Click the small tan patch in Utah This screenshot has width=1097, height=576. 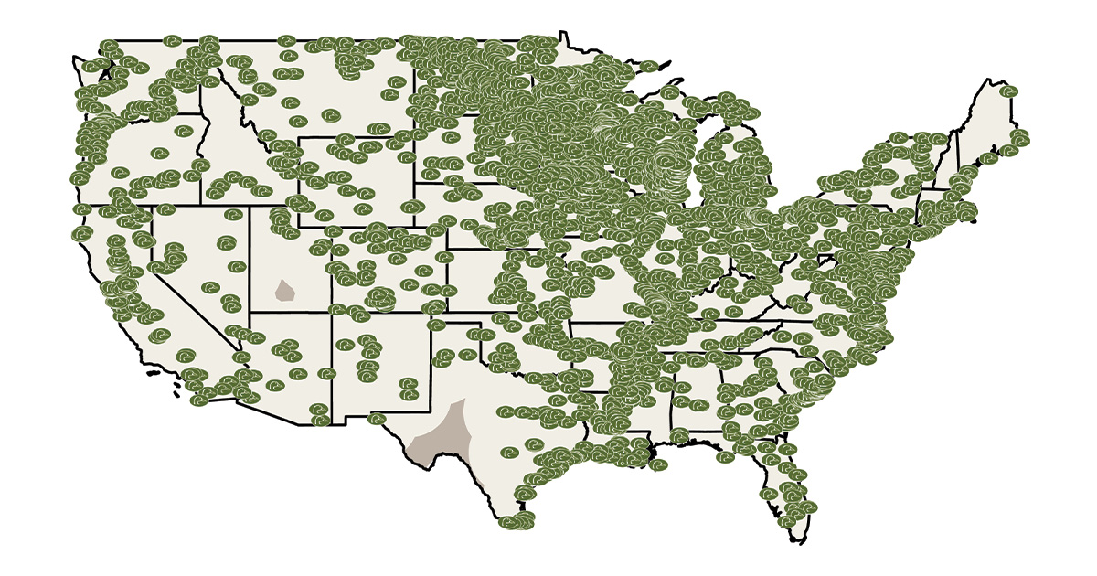click(x=285, y=292)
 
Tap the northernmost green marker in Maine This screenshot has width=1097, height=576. click(x=1008, y=91)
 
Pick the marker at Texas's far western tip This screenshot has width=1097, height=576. click(x=377, y=419)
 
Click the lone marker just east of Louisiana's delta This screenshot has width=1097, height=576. click(x=658, y=465)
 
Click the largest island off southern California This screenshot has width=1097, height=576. click(x=176, y=395)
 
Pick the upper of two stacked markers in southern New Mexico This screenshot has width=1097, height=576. click(x=409, y=383)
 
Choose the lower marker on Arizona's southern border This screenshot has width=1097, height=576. click(x=321, y=421)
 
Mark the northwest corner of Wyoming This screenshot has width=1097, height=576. click(x=299, y=137)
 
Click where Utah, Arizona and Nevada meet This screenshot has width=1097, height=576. click(x=249, y=312)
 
